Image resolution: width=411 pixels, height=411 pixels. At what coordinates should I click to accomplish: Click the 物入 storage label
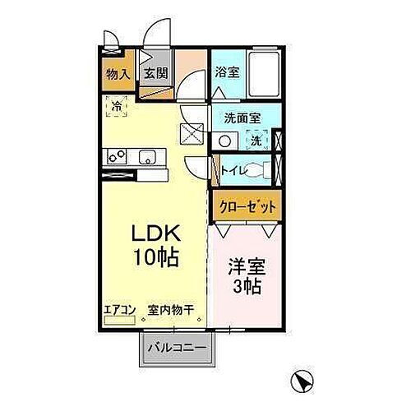click(118, 74)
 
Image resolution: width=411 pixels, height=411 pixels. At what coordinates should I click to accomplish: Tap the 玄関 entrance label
click(156, 74)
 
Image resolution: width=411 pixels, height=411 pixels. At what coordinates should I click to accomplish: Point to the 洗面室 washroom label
click(242, 118)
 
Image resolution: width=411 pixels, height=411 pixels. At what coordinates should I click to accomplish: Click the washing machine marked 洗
click(256, 141)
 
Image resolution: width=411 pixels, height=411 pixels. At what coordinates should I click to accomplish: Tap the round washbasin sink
click(224, 141)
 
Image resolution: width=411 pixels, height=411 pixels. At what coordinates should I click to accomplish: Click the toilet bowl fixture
click(261, 170)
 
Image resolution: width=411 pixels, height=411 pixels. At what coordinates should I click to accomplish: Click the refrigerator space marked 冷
click(117, 106)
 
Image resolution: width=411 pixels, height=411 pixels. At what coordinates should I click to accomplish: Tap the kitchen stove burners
click(114, 156)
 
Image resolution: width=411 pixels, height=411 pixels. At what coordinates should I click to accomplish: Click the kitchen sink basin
click(148, 157)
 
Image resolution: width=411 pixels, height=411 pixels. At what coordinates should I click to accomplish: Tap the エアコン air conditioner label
click(119, 310)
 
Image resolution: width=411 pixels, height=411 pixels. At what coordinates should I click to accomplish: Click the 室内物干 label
click(171, 310)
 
